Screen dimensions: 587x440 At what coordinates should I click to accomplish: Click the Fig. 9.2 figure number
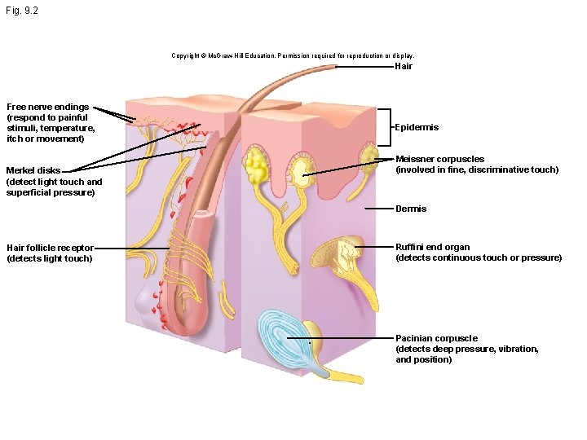tap(22, 11)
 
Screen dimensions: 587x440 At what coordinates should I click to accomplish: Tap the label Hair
tap(404, 66)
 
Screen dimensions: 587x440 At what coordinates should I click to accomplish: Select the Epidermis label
tap(417, 127)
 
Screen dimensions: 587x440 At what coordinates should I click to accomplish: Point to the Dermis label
tap(411, 209)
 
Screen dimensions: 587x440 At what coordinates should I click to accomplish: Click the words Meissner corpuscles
tap(440, 159)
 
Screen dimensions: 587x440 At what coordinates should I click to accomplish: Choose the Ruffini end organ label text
tap(433, 247)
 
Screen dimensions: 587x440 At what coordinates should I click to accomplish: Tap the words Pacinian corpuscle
tap(436, 338)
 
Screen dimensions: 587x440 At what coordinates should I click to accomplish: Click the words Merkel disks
tap(33, 170)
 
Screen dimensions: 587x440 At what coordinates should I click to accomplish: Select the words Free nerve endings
tap(48, 107)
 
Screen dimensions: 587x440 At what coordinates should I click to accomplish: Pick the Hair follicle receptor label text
tap(51, 248)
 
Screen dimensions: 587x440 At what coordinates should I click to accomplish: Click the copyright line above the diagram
tap(293, 55)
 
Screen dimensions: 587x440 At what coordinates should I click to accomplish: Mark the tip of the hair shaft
tap(336, 66)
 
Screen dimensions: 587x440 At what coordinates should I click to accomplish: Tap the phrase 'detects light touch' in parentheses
tap(50, 258)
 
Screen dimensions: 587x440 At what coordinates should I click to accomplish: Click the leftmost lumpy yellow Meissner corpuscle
tap(257, 165)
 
